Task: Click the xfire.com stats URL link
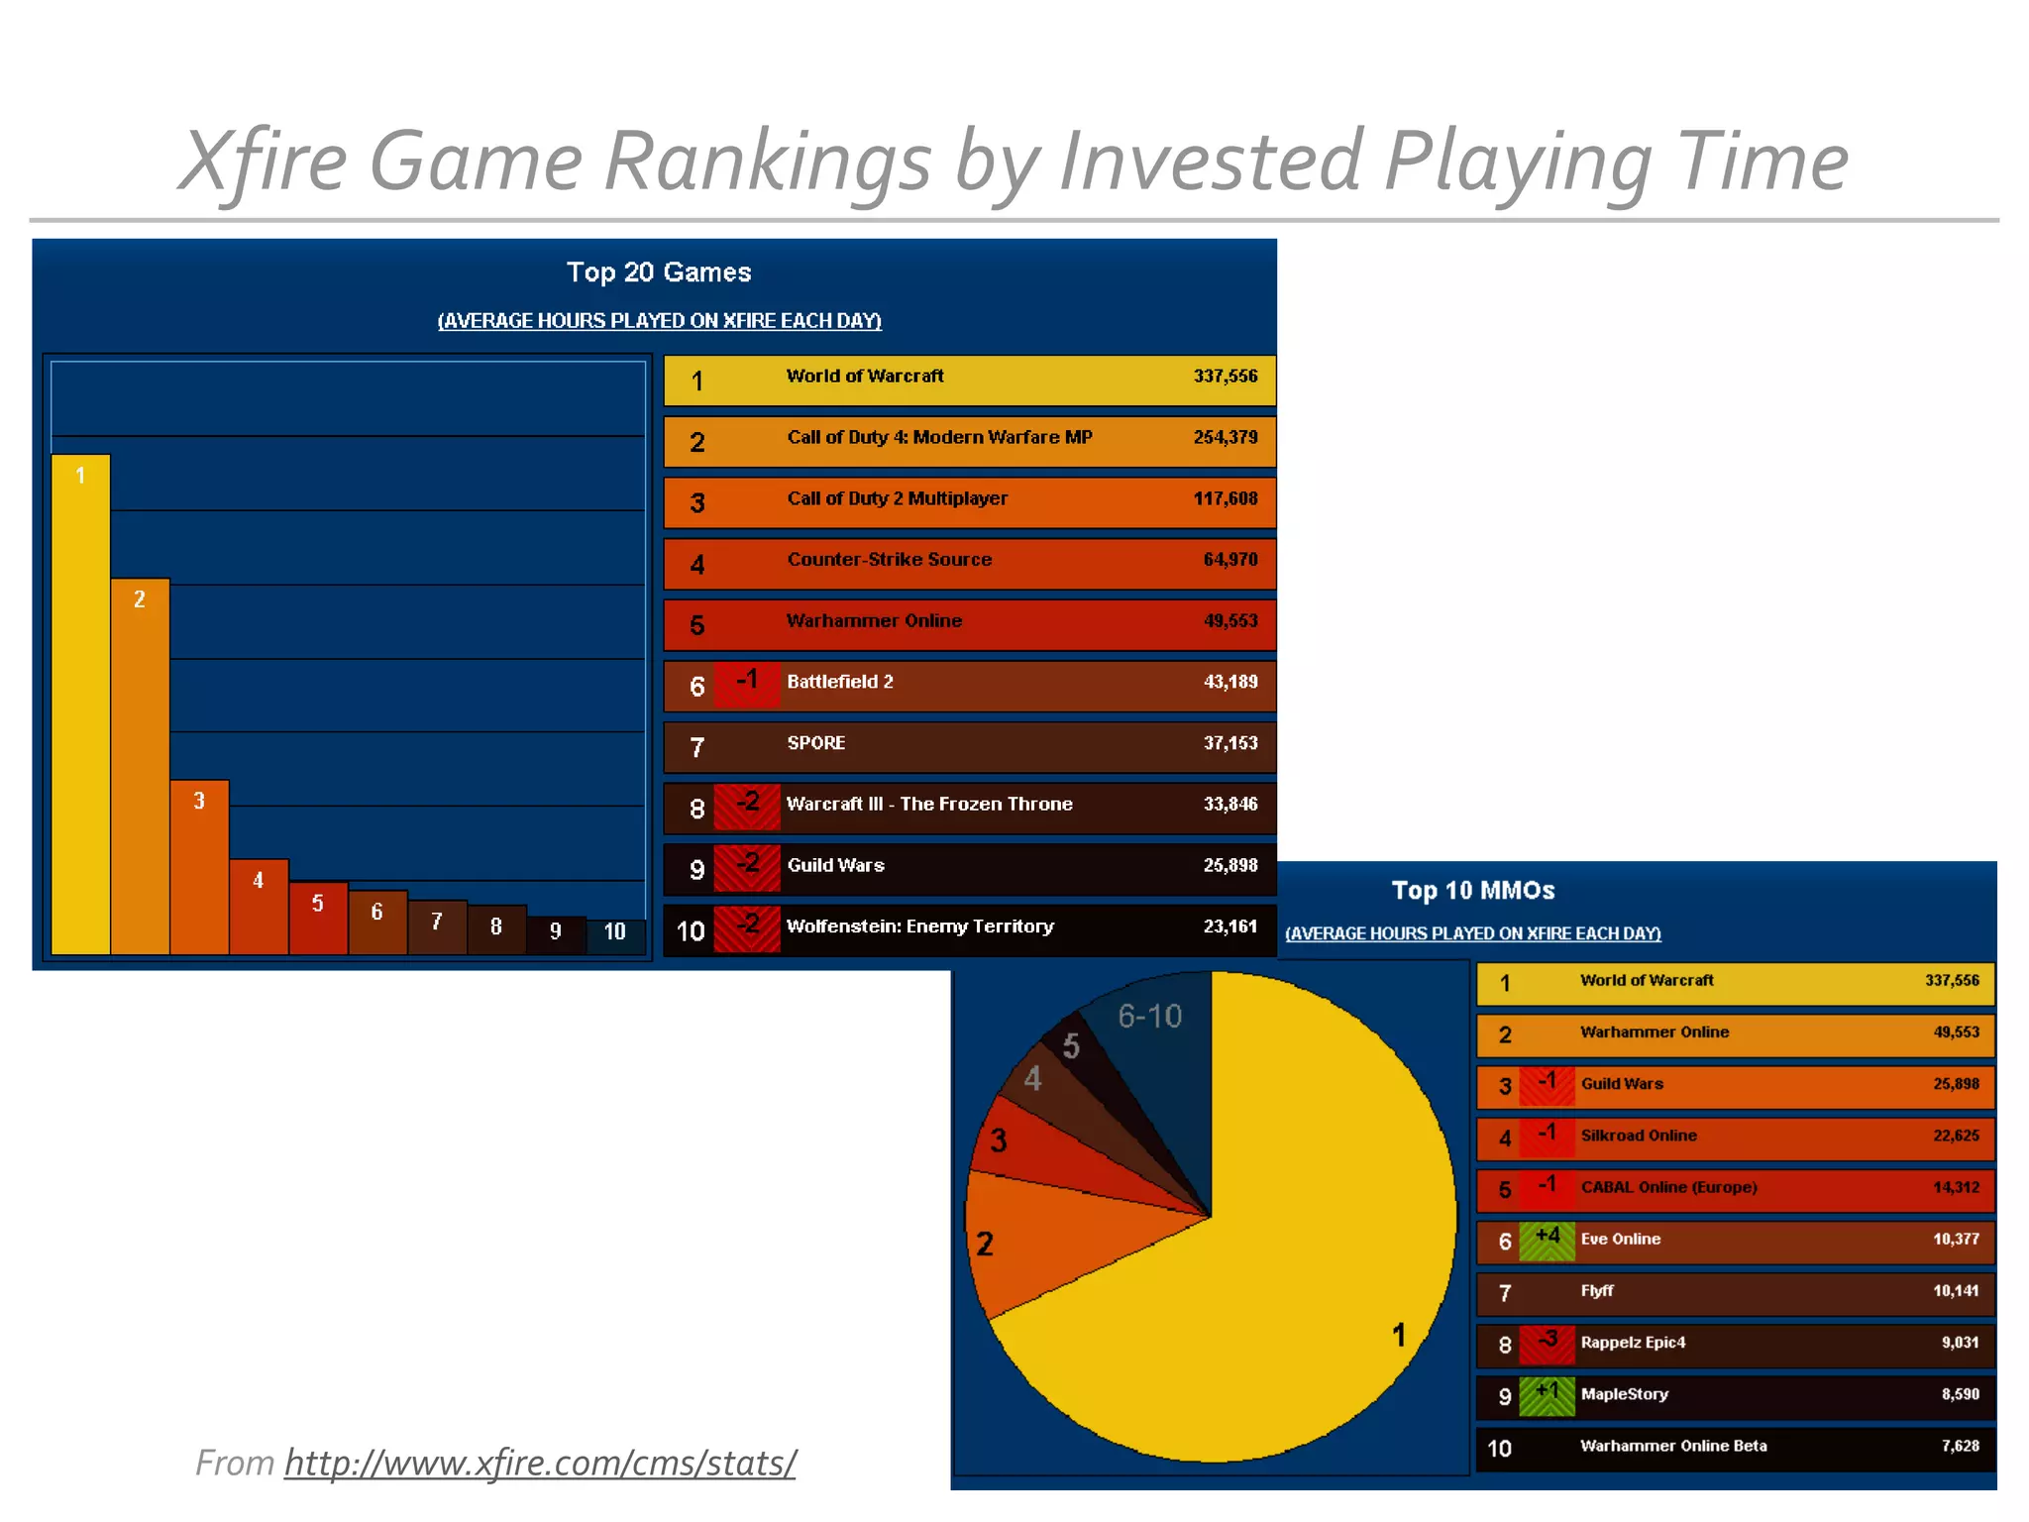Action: pos(540,1463)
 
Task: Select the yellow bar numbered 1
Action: pos(80,704)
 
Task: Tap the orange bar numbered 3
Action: pos(199,867)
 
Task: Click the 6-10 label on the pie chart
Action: pos(1150,1016)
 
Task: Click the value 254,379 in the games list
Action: pos(1226,437)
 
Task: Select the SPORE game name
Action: pos(816,743)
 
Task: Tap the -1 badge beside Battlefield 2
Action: pos(747,681)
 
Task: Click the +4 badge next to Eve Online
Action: pos(1547,1238)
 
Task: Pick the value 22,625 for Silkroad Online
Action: pos(1956,1136)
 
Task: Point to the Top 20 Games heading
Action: pos(659,272)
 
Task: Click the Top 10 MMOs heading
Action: pos(1473,890)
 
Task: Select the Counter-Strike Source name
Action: pos(890,560)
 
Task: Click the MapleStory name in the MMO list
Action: pos(1625,1394)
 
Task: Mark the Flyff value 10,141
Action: pos(1956,1290)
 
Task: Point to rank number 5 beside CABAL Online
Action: pos(1505,1189)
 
